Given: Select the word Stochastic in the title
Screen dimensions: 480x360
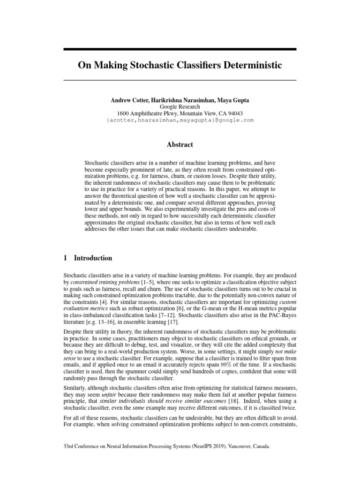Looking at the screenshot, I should pos(153,65).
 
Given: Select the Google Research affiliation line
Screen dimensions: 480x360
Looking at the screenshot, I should pos(180,107).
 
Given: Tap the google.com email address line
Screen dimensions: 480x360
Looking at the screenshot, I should pos(180,120).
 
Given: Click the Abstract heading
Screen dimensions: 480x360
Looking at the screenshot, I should pos(180,145).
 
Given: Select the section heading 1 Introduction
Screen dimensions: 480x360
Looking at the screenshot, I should pos(88,258).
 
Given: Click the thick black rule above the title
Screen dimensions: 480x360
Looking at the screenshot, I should pos(180,49).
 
